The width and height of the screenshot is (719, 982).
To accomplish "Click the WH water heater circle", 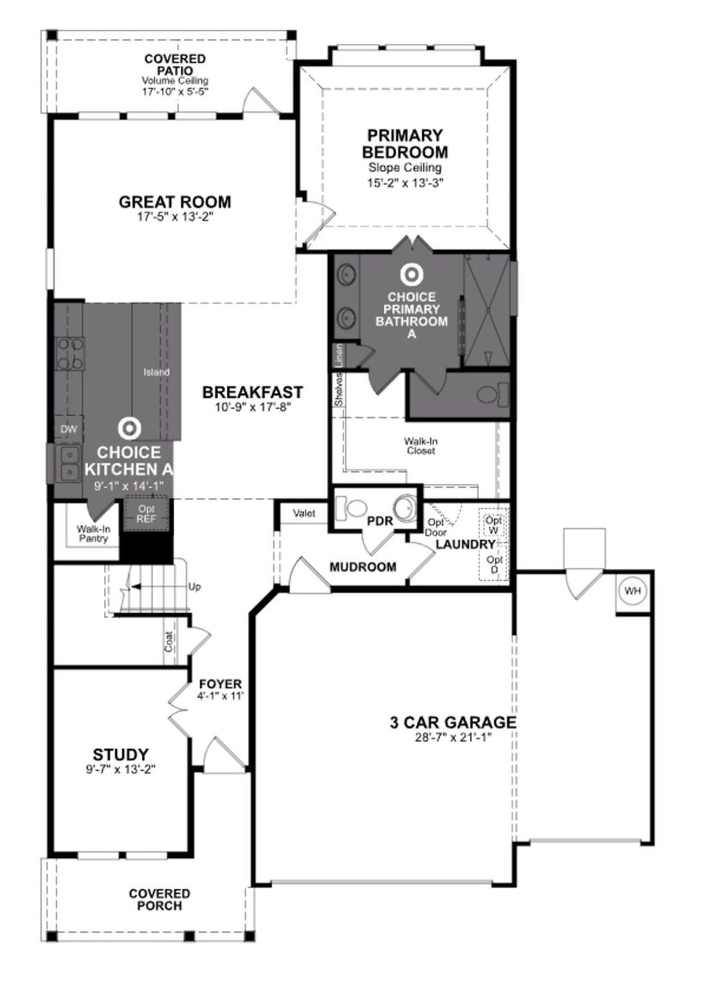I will click(x=633, y=591).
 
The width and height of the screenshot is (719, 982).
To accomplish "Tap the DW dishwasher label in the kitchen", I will click(x=69, y=430).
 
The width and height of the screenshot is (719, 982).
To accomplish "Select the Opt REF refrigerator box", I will click(x=146, y=514).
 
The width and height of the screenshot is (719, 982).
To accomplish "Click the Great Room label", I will click(x=175, y=202).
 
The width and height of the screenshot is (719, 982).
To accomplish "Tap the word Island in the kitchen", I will click(x=156, y=372).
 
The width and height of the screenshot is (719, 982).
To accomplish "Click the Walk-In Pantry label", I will click(x=93, y=533).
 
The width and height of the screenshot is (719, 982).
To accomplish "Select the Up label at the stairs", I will click(x=194, y=587).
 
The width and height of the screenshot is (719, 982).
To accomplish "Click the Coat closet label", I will click(x=169, y=642).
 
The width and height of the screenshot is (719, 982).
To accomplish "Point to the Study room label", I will click(x=120, y=754).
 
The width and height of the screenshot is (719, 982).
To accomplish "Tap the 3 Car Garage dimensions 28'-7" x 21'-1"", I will click(x=452, y=737).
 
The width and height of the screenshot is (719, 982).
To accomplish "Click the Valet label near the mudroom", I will click(x=304, y=513).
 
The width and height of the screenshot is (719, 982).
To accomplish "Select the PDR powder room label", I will click(x=380, y=522).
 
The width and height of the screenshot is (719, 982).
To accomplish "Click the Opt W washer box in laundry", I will click(x=494, y=526).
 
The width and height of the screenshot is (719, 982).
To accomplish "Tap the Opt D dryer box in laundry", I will click(x=494, y=564).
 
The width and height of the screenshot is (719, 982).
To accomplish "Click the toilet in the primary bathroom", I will click(x=492, y=394).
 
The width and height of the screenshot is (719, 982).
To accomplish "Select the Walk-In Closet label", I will click(x=421, y=446).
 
